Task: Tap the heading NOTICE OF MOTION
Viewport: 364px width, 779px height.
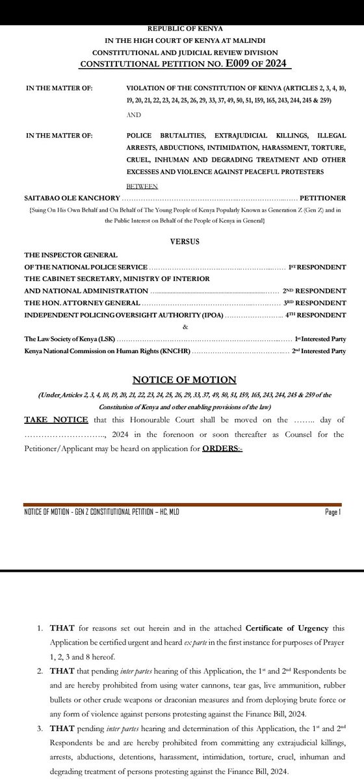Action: [x=185, y=380]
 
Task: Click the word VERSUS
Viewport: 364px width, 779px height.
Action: [x=185, y=241]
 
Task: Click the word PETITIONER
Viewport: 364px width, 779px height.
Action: [x=323, y=197]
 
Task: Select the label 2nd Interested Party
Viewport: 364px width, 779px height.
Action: [x=319, y=351]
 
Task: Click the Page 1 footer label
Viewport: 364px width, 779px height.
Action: [x=333, y=512]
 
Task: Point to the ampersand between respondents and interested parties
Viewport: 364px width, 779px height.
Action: [x=185, y=327]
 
